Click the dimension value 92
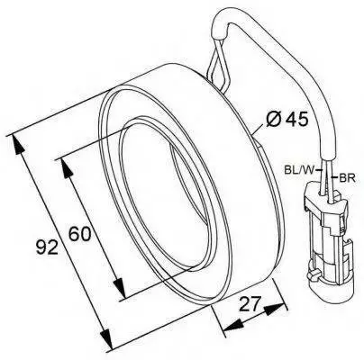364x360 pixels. point(47,247)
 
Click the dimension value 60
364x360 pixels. point(79,234)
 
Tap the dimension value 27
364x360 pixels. point(250,305)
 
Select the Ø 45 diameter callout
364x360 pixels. point(287,120)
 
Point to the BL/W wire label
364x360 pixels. point(299,170)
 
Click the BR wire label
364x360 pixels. point(347,178)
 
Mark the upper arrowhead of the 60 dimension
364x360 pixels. point(66,170)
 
